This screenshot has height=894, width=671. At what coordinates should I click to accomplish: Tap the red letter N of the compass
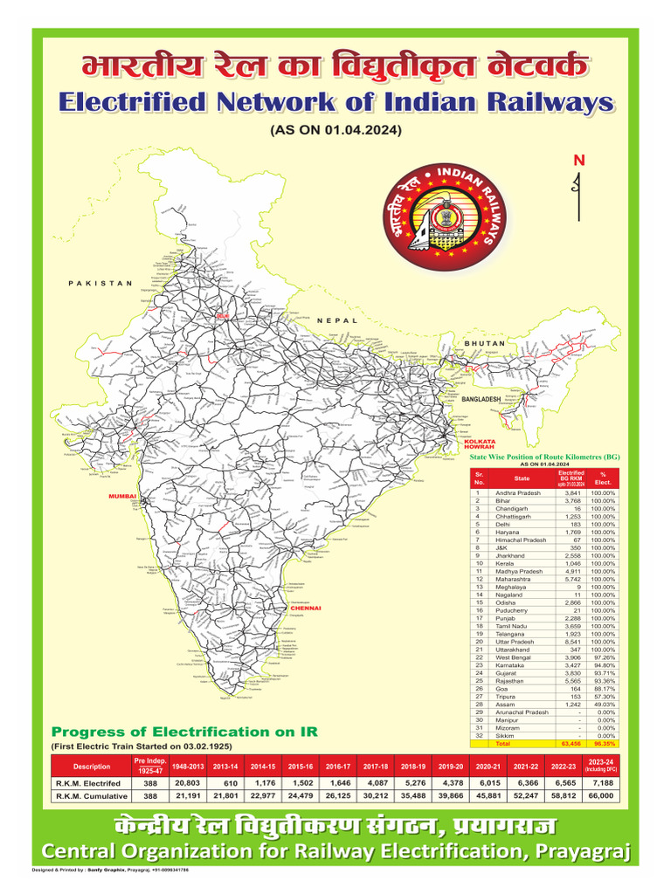[x=577, y=161]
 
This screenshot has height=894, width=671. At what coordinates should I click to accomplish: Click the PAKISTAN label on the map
[x=100, y=283]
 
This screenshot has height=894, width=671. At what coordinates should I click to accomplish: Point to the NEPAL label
[x=334, y=320]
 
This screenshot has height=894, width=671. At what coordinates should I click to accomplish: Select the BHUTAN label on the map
[x=485, y=343]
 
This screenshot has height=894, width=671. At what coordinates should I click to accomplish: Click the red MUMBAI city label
[x=118, y=496]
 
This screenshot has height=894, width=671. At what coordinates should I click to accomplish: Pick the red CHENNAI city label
[x=307, y=608]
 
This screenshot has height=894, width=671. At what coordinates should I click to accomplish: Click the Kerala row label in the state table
[x=508, y=563]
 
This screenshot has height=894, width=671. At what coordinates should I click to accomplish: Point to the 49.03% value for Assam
[x=603, y=705]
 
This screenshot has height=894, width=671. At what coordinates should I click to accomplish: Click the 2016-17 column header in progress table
[x=337, y=766]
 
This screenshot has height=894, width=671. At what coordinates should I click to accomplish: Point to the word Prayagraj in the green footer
[x=580, y=851]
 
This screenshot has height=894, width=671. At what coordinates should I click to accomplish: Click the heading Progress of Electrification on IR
[x=184, y=732]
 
